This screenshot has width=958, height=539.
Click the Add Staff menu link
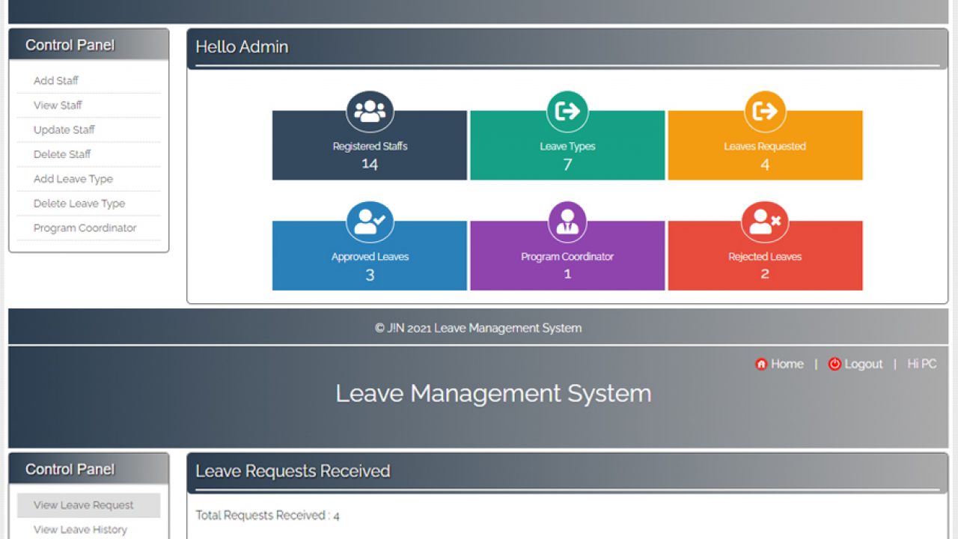pyautogui.click(x=56, y=81)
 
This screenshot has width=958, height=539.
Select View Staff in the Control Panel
pyautogui.click(x=58, y=106)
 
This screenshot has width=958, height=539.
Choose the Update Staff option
pyautogui.click(x=64, y=130)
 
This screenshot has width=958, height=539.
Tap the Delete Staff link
pyautogui.click(x=62, y=154)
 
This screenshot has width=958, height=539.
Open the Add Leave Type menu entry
pyautogui.click(x=73, y=179)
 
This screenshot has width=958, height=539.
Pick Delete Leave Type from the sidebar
pyautogui.click(x=79, y=204)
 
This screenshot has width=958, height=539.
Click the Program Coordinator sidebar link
pyautogui.click(x=85, y=228)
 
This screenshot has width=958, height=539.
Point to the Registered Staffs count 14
pyautogui.click(x=370, y=164)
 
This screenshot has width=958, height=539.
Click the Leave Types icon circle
pyautogui.click(x=567, y=112)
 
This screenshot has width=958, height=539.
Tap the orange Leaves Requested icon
pyautogui.click(x=765, y=112)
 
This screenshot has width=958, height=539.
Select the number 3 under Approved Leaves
pyautogui.click(x=370, y=275)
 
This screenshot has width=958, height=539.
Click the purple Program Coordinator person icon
pyautogui.click(x=567, y=222)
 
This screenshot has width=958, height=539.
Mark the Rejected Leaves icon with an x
pyautogui.click(x=765, y=222)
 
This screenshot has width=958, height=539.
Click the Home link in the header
pyautogui.click(x=787, y=364)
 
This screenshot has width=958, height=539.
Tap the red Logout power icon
pyautogui.click(x=835, y=364)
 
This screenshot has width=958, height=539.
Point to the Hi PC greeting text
pyautogui.click(x=921, y=364)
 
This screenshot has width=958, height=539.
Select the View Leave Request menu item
pyautogui.click(x=84, y=505)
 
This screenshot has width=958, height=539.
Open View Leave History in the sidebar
pyautogui.click(x=80, y=530)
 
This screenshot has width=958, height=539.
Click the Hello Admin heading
pyautogui.click(x=242, y=47)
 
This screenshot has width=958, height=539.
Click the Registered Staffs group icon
pyautogui.click(x=370, y=112)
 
